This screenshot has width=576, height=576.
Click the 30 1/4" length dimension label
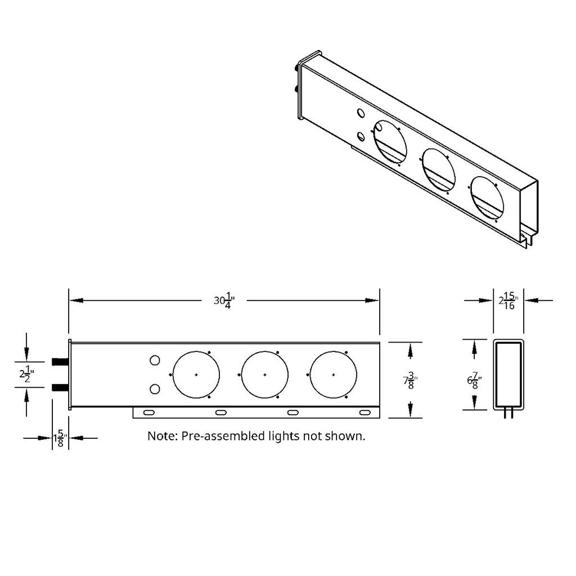point(224,300)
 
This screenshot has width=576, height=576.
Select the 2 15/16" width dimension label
point(508,301)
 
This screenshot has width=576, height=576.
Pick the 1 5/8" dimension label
point(60,438)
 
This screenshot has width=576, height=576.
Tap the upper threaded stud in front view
point(60,362)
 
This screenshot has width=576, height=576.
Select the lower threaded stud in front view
point(60,388)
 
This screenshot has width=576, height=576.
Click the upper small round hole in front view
point(155,361)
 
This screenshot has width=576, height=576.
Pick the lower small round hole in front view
point(155,389)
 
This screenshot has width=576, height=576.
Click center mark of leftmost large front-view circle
point(196,374)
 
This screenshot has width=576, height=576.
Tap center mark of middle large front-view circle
point(265,374)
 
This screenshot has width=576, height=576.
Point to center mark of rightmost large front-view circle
point(334,374)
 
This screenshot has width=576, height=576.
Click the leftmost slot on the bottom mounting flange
point(149,413)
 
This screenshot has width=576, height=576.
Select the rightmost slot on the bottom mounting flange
point(365,413)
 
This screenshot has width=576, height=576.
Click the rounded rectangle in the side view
point(508,374)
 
